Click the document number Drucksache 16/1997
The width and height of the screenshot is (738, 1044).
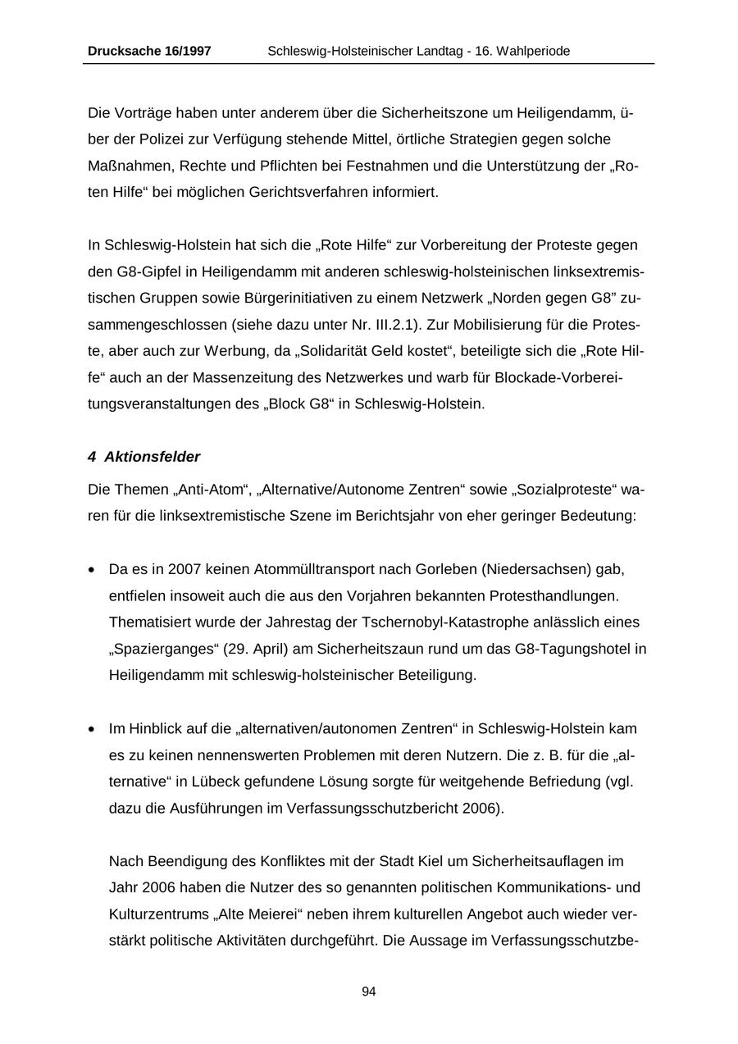(x=149, y=51)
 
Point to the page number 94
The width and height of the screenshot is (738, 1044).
(x=369, y=992)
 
